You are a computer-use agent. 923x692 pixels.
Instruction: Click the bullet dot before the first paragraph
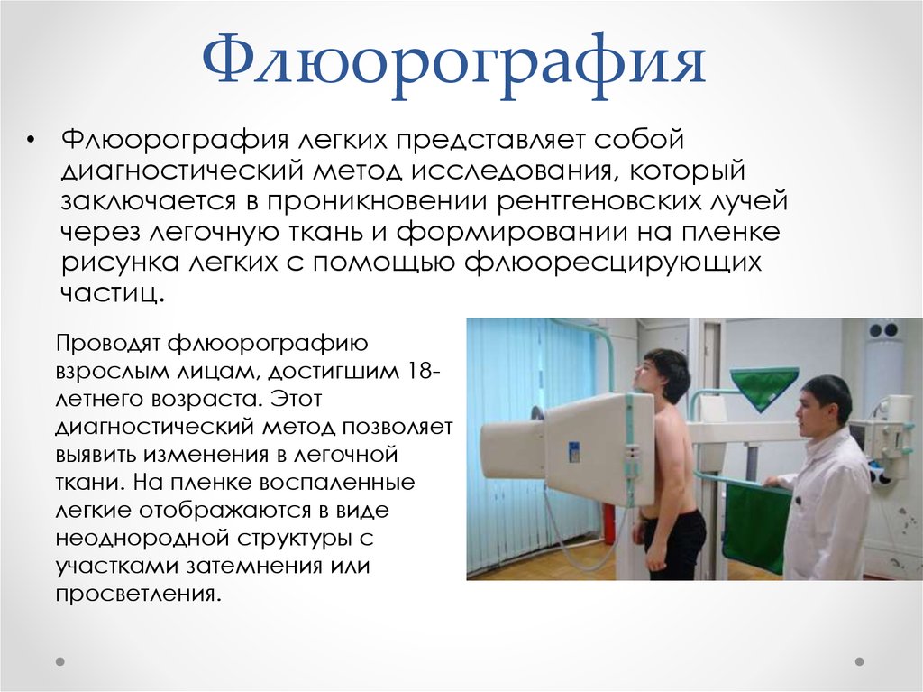pyautogui.click(x=31, y=140)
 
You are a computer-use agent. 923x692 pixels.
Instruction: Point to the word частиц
pyautogui.click(x=112, y=292)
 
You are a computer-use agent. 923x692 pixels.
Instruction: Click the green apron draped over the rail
pyautogui.click(x=757, y=523)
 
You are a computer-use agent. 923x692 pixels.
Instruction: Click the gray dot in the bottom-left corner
pyautogui.click(x=60, y=662)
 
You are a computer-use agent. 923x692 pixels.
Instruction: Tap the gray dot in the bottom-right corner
pyautogui.click(x=859, y=662)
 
